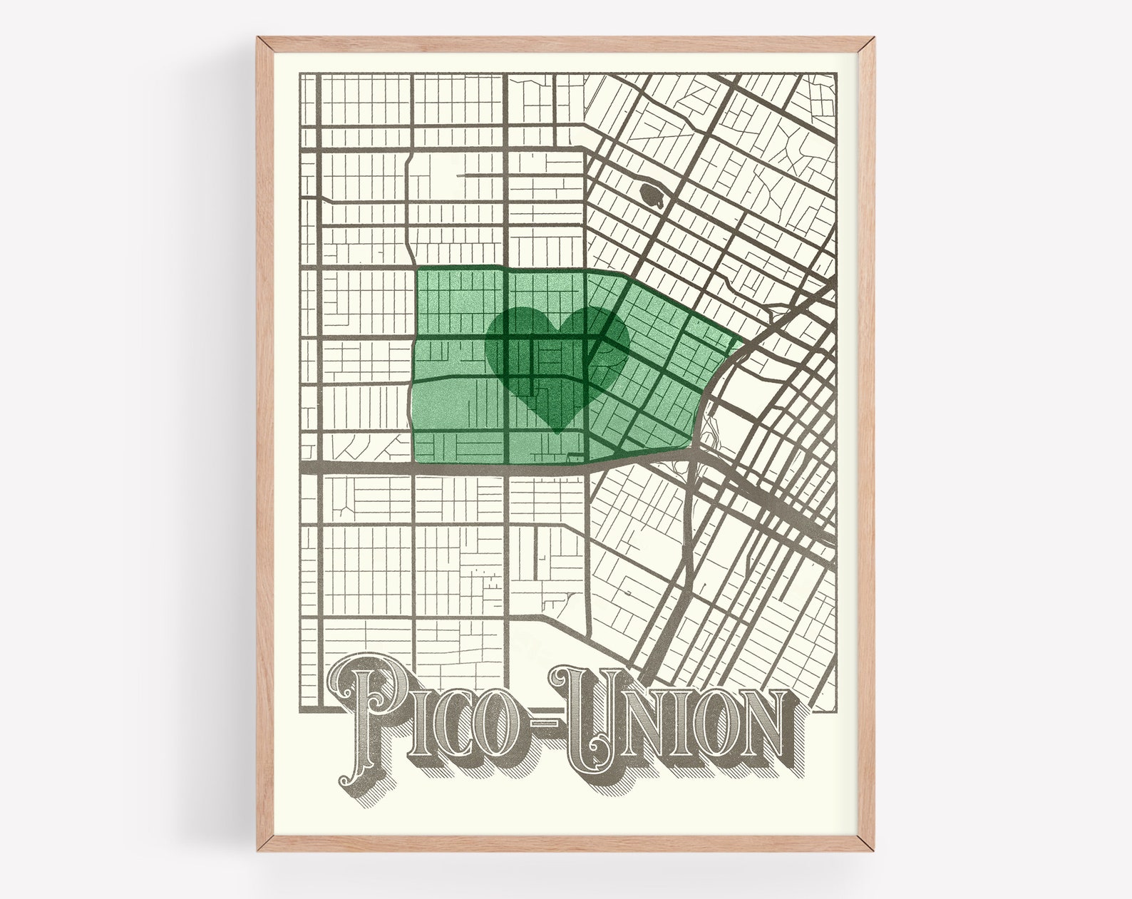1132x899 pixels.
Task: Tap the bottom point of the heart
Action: (557, 432)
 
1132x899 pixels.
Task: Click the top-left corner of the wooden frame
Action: (259, 39)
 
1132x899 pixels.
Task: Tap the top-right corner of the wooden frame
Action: (873, 39)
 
